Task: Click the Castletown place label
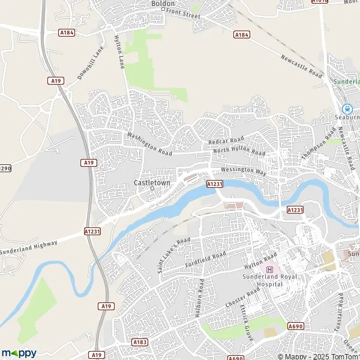point(151,182)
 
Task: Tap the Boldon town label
point(163,4)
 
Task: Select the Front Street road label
point(183,13)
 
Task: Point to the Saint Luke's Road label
point(175,255)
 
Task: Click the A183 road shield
point(140,342)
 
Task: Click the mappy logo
point(19,353)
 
